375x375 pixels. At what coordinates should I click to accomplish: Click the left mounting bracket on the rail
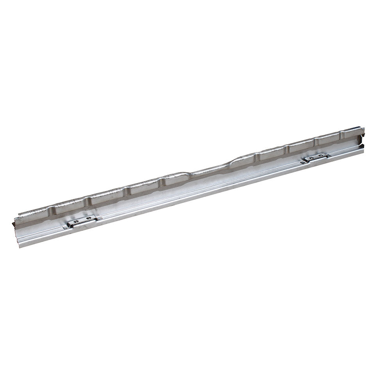(82, 221)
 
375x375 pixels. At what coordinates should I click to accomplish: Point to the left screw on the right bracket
(311, 158)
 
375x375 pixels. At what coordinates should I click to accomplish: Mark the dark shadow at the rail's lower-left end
(14, 225)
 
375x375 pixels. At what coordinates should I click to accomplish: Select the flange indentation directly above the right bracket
(316, 141)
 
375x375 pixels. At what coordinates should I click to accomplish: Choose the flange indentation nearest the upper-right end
(341, 135)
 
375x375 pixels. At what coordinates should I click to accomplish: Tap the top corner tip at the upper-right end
(361, 127)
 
